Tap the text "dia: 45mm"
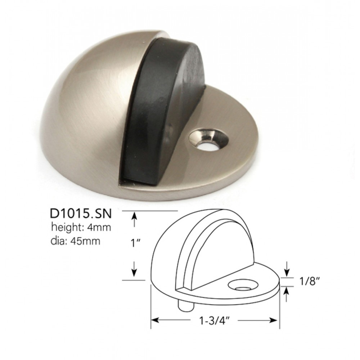[75, 240]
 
